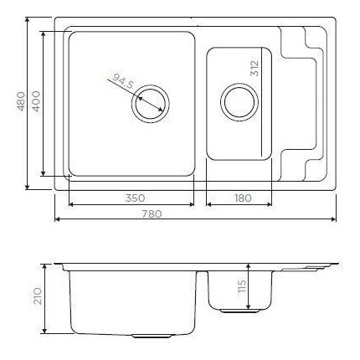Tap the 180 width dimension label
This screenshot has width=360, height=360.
pos(241,198)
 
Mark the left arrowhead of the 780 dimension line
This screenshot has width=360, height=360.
pos(57,220)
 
